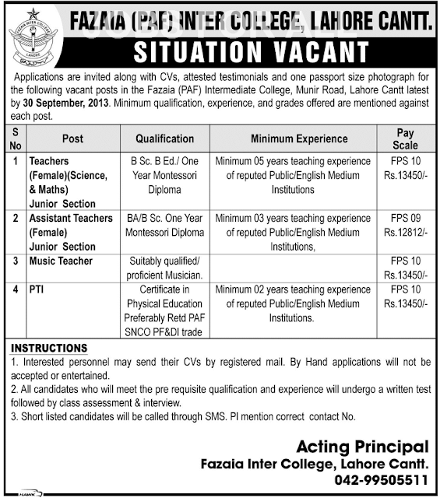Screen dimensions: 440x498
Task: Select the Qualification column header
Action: click(164, 139)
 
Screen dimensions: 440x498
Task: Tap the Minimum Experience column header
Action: click(288, 139)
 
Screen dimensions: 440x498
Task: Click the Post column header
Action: click(72, 139)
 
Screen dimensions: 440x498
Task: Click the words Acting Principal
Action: click(364, 446)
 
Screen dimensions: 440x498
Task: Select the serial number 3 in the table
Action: click(16, 261)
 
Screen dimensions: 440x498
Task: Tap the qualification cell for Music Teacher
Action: click(164, 268)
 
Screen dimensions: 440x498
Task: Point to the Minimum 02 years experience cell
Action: click(288, 304)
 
